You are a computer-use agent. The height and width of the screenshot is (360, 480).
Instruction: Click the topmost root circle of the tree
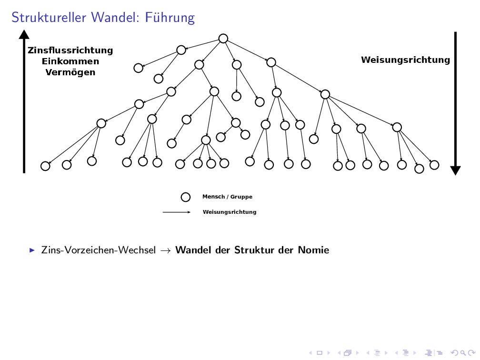(223, 39)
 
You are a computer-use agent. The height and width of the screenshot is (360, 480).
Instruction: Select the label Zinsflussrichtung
(70, 50)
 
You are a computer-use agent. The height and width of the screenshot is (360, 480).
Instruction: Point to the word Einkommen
(70, 61)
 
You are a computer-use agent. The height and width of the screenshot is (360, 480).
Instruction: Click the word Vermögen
(70, 72)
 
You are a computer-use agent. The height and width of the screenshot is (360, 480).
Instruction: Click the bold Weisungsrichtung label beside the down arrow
(405, 60)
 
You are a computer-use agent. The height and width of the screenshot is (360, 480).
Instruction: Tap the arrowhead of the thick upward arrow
(24, 34)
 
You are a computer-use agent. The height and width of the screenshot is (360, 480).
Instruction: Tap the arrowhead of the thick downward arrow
(456, 170)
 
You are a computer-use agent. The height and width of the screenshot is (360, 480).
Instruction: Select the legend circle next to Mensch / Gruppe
(186, 197)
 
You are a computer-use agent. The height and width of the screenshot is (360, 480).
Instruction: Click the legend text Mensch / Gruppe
(227, 197)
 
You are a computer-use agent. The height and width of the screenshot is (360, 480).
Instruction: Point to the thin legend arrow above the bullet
(177, 212)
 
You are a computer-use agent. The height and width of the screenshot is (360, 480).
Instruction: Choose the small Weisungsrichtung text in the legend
(230, 212)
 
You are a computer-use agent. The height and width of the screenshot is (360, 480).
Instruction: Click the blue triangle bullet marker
(32, 250)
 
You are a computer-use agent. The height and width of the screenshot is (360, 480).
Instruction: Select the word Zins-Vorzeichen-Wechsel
(99, 250)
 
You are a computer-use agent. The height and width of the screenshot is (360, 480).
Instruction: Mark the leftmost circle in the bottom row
(45, 166)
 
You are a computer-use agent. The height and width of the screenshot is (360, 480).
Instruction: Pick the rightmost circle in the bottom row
(434, 165)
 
